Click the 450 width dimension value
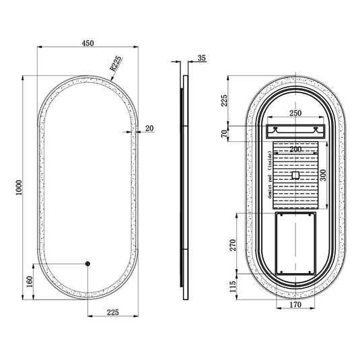pos(87,42)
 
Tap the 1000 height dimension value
pos(20,189)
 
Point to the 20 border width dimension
pos(149,127)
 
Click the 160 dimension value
pos(28,281)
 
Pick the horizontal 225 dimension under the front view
pos(113,312)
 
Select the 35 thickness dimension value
pos(203,59)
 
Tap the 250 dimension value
pos(296,114)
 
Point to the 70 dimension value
pos(225,133)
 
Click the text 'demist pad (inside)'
pos(268,177)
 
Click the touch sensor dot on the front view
pos(87,263)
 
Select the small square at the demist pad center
pos(295,176)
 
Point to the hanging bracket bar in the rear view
pos(296,130)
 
